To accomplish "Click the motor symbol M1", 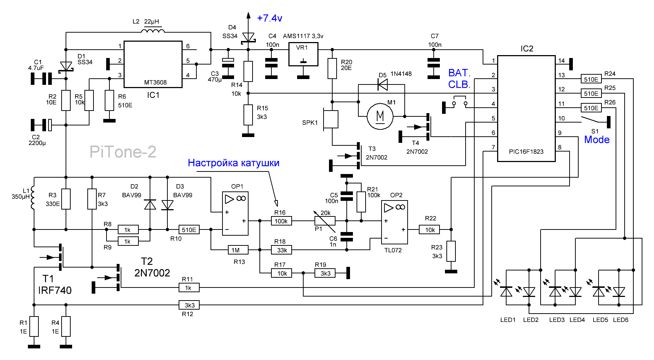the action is click(380, 116).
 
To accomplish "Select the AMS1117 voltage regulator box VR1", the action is click(303, 54).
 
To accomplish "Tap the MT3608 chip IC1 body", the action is click(153, 64).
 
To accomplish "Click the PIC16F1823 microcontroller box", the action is click(526, 108).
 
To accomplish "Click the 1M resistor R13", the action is click(238, 250).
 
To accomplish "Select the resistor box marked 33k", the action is click(282, 250).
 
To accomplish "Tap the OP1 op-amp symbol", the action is click(235, 214).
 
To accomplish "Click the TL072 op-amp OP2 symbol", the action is click(395, 222).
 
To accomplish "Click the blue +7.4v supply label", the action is click(270, 18).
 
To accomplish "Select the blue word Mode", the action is click(597, 140).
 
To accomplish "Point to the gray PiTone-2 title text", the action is click(123, 152).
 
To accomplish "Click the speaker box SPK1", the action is click(331, 119).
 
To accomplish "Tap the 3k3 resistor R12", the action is click(189, 305).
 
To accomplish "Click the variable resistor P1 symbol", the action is click(325, 221).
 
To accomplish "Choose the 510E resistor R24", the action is click(591, 79).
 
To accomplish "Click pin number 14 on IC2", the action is click(561, 61).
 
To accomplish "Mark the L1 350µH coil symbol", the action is click(33, 198).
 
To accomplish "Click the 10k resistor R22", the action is click(429, 229).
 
